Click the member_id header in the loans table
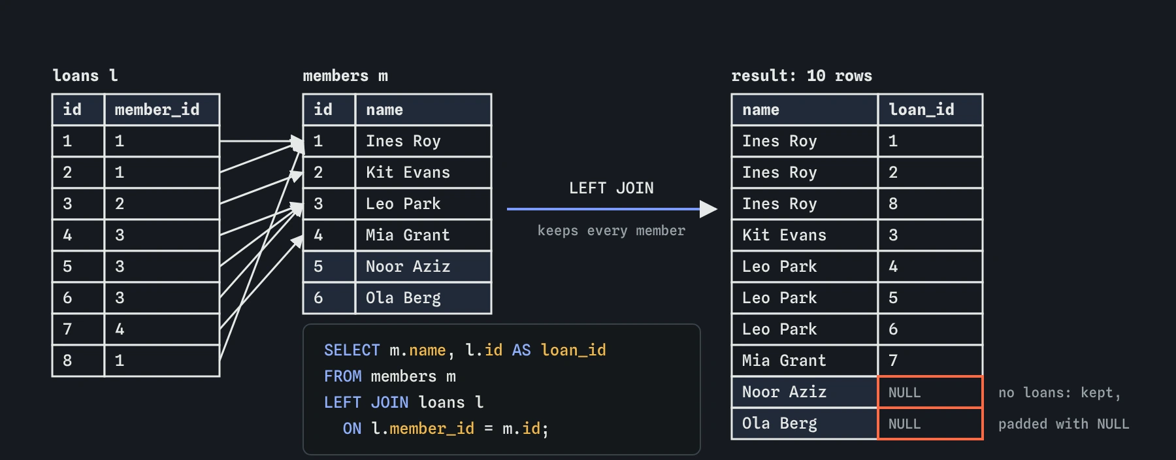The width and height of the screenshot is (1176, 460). tap(162, 110)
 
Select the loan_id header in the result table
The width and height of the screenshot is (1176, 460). tap(930, 110)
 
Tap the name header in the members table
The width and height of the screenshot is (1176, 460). tap(423, 110)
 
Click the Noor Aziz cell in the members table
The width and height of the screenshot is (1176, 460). tap(423, 267)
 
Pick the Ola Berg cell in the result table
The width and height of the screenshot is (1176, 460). tap(804, 423)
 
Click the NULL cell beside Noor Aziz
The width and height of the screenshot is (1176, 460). tap(930, 392)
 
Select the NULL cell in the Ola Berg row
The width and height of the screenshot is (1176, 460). tap(930, 423)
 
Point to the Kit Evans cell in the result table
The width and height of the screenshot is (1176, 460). tap(804, 235)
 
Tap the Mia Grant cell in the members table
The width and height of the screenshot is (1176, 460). tap(423, 235)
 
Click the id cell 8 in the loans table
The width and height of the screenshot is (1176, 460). tap(78, 361)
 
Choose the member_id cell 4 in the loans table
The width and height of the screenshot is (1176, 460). tap(162, 329)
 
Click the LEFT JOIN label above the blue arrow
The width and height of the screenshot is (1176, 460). tap(611, 188)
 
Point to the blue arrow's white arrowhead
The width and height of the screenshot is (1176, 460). tap(708, 209)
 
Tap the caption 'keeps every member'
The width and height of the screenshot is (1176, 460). tap(611, 231)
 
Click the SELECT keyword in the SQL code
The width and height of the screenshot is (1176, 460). tap(351, 350)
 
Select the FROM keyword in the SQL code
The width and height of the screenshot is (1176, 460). tap(342, 376)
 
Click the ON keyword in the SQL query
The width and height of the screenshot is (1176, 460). tap(351, 429)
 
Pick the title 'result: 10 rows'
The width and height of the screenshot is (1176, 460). tap(802, 76)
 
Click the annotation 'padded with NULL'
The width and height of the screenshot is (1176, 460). tap(1064, 424)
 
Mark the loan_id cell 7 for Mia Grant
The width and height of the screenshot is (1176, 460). tap(930, 361)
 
